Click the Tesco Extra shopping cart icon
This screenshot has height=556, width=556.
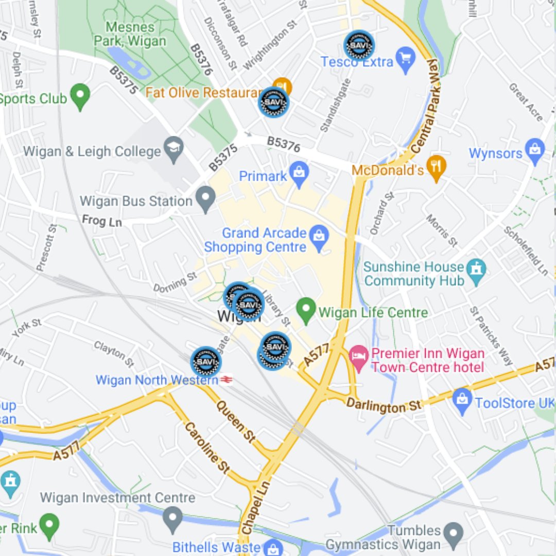click(x=406, y=60)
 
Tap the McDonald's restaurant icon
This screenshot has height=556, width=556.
click(x=436, y=167)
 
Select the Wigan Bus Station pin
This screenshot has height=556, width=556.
click(x=206, y=199)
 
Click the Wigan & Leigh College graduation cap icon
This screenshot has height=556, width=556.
click(x=174, y=149)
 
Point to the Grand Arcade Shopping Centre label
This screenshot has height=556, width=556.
click(x=256, y=240)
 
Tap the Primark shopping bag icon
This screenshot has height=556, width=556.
click(x=299, y=175)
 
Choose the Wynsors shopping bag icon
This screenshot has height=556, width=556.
click(x=535, y=151)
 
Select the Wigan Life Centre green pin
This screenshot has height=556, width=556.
click(x=306, y=310)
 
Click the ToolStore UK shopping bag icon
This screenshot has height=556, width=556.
click(x=462, y=401)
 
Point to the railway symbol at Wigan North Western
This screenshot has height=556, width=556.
click(x=227, y=380)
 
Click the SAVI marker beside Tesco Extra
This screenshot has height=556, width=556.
click(x=359, y=45)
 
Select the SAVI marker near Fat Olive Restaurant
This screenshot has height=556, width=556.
click(x=273, y=102)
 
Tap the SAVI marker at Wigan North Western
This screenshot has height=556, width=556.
click(x=206, y=361)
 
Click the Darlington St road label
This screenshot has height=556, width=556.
click(x=383, y=405)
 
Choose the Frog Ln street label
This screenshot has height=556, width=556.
click(x=101, y=221)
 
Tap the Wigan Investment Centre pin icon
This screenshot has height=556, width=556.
click(x=173, y=516)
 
